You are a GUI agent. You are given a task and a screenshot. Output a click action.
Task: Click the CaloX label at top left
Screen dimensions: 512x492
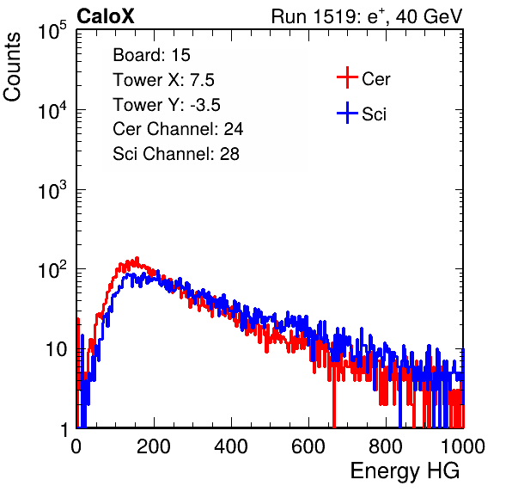coord(106,16)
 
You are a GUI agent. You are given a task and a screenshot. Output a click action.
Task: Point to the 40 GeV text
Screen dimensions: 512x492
coord(429,16)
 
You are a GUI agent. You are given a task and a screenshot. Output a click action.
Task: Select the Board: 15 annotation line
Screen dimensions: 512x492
coord(151,55)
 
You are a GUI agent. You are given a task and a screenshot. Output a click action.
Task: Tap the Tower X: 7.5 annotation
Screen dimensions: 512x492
coord(163,80)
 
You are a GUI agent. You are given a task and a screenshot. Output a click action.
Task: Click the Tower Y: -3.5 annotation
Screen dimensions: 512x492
coord(167,105)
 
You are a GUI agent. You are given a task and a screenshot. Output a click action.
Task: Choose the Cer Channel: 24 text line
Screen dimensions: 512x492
coord(178,129)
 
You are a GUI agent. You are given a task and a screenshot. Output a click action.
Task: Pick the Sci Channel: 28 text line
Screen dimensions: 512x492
coord(176,154)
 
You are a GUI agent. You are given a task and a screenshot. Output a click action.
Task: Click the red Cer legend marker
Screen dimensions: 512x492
coord(347,77)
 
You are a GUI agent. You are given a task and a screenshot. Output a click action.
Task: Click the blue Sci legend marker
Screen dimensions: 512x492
coord(347,113)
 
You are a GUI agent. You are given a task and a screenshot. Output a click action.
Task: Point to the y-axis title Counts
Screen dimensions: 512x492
coord(12,67)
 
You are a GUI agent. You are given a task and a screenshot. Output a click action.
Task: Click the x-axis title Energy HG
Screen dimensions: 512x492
coord(405,471)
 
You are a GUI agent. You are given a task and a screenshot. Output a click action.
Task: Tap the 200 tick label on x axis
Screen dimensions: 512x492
coord(154,446)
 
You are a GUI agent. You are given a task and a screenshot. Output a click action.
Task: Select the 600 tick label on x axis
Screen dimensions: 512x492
coord(308,446)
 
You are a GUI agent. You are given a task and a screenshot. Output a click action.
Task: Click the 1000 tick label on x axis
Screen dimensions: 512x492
coord(463,446)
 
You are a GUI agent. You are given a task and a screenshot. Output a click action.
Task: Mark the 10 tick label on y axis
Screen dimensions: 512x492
coord(57,349)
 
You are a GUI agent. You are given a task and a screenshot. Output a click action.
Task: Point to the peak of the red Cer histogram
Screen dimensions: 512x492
coord(137,258)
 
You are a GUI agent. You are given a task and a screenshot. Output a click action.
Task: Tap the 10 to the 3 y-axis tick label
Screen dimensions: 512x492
coord(52,190)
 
